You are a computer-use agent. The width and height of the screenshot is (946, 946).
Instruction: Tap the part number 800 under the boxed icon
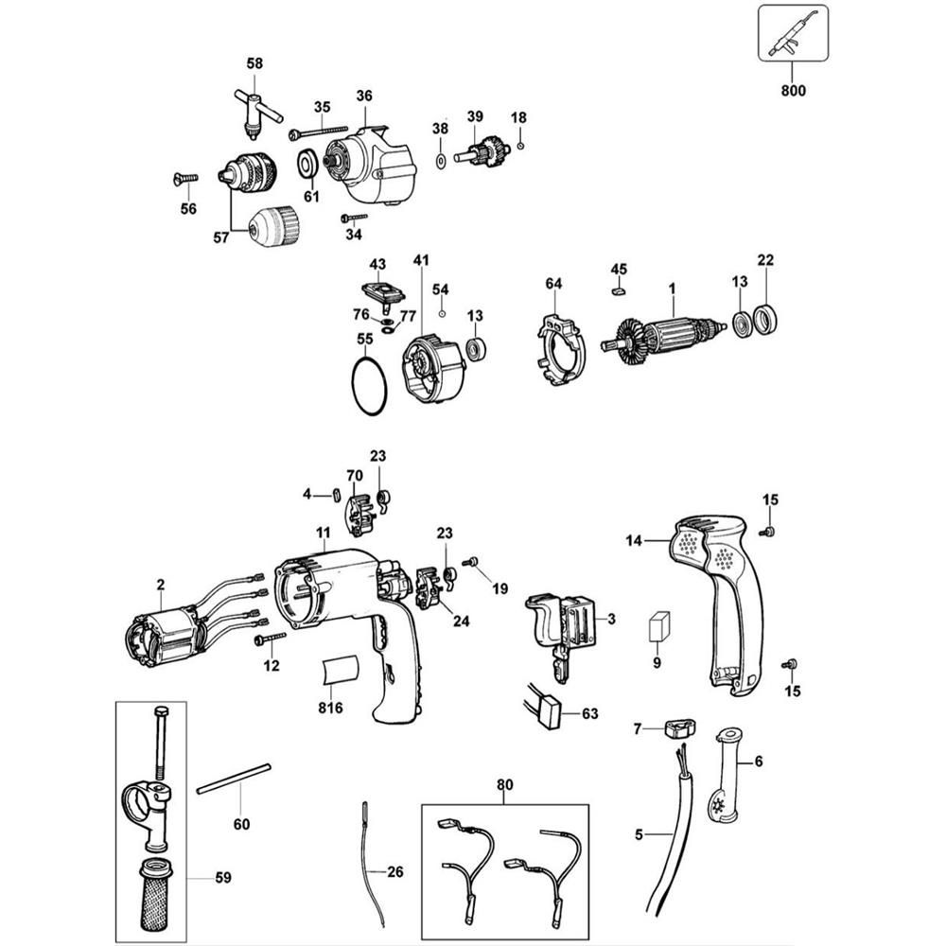(794, 92)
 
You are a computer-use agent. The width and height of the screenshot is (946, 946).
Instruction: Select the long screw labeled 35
(322, 130)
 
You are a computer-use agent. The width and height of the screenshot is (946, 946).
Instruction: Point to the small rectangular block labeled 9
(660, 625)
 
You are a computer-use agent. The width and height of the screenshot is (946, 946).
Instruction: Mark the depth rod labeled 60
(233, 779)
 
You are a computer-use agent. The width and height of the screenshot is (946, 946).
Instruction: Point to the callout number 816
(330, 707)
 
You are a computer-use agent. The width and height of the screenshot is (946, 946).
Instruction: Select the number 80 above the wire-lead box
(503, 784)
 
